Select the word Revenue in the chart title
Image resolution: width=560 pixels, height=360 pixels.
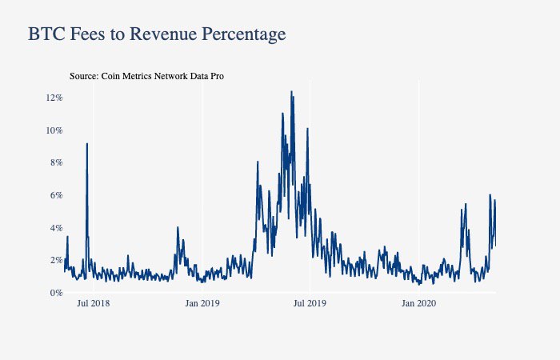162,34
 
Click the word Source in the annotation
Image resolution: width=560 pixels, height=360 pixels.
84,76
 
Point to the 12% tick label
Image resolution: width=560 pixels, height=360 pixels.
54,98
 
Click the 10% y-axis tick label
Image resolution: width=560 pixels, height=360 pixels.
54,130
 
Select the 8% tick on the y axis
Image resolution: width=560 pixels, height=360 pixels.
57,162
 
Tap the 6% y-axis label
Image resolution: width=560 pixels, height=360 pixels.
57,195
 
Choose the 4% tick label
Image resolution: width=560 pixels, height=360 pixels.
57,228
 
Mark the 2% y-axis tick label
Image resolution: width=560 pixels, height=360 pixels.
57,260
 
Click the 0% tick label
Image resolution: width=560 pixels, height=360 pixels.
57,293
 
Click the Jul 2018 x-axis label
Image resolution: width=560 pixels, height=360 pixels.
94,303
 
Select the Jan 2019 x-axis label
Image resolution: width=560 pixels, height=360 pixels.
202,303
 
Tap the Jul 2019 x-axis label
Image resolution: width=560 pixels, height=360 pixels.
310,303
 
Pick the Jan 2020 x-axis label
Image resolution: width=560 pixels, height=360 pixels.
418,303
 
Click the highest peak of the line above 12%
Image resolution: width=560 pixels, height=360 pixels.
291,91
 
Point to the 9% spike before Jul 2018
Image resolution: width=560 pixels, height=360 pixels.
86,144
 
